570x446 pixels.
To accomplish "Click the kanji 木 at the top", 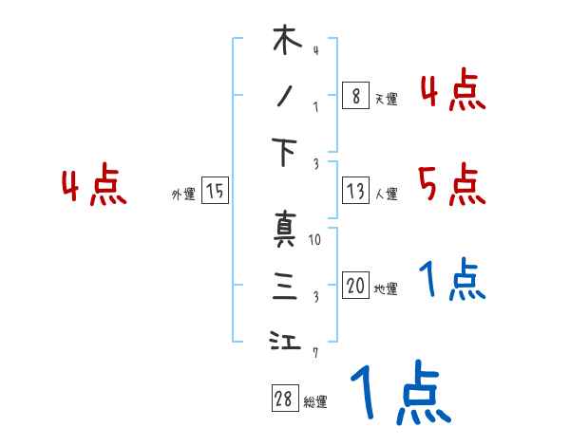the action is [285, 43].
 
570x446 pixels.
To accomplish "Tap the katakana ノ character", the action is [285, 95].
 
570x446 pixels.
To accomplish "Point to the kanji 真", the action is [285, 229].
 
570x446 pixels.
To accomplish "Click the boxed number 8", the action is [354, 95].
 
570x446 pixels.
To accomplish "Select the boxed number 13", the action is [354, 192].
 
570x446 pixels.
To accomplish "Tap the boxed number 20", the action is [354, 286].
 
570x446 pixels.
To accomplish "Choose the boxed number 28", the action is [284, 399].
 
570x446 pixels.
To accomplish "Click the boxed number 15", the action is [215, 192].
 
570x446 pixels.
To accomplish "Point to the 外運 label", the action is [182, 194].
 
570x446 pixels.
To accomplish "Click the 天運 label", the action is [386, 98].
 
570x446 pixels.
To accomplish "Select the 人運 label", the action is [386, 195].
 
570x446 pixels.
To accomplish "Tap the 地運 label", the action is [386, 288].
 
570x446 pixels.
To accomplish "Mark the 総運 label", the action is [315, 401].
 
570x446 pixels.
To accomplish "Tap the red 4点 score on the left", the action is [93, 187].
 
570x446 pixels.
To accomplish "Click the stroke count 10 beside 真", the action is [315, 240].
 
